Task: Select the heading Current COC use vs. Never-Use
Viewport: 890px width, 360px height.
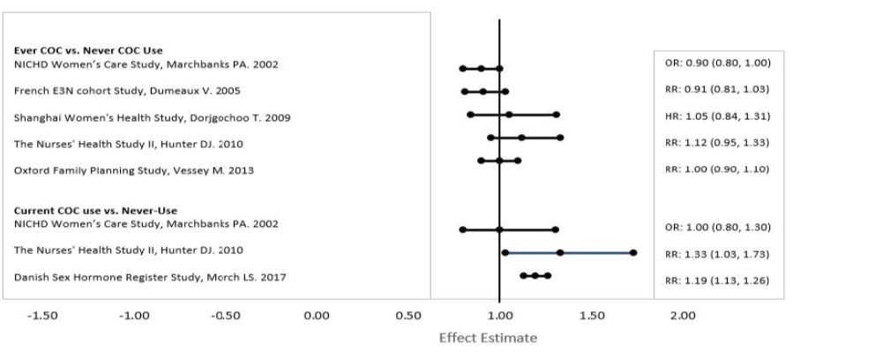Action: coord(95,211)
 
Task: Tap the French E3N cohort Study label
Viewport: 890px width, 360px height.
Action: coord(126,91)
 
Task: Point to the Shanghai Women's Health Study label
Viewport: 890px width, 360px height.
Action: coord(152,117)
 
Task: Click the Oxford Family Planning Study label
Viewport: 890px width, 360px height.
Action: coord(133,170)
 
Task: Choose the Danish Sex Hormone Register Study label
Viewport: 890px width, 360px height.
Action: coord(149,278)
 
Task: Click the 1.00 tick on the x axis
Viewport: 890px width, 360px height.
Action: coord(499,315)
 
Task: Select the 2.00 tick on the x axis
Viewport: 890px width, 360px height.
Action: coord(683,315)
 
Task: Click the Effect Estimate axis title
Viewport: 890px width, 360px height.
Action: coord(488,338)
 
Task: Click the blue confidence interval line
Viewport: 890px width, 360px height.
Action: coord(596,253)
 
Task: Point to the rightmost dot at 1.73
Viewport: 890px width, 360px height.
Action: coord(633,253)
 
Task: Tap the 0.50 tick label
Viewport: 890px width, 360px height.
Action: coord(408,315)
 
